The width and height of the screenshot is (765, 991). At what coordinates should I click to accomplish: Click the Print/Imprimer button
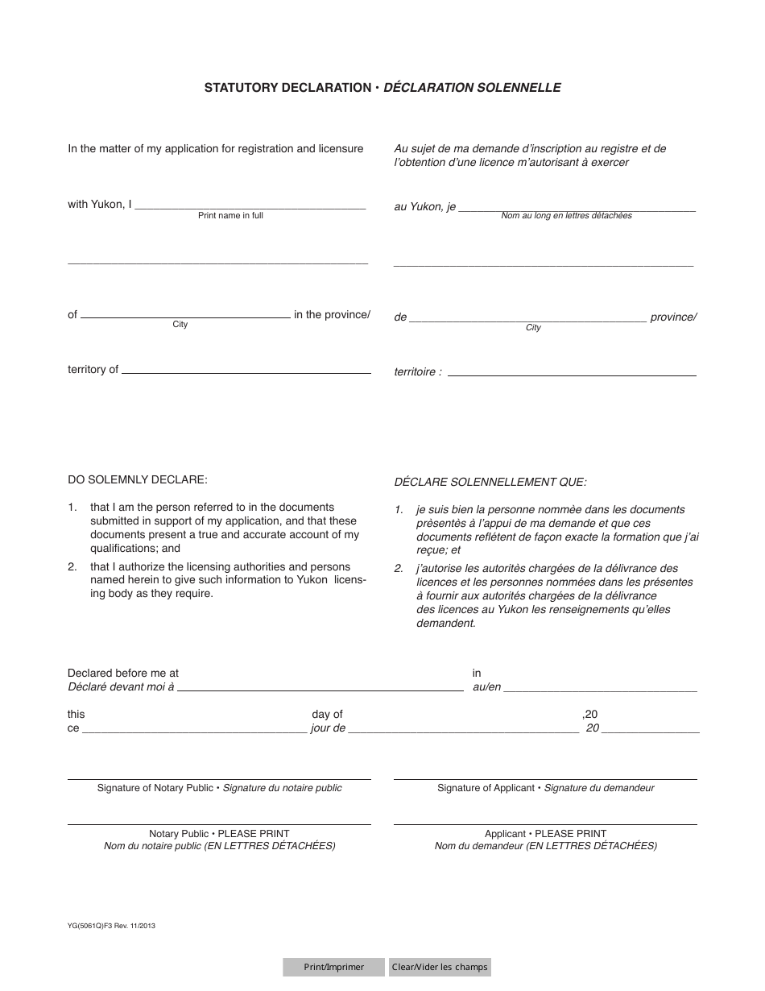[333, 967]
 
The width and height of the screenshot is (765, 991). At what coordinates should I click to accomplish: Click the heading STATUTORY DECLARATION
[287, 88]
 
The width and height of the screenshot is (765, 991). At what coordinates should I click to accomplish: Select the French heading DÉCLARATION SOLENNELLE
[472, 88]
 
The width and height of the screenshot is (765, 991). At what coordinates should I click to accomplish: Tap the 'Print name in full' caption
[230, 216]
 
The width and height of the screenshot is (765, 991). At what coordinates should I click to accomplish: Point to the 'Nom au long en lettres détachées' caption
[566, 216]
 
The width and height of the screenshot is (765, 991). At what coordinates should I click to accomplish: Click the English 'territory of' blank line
[246, 371]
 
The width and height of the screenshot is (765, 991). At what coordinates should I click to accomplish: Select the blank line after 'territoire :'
[572, 374]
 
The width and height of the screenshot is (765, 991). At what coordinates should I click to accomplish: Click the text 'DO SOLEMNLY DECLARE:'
[138, 480]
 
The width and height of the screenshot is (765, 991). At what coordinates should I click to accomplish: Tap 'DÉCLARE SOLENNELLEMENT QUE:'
[490, 483]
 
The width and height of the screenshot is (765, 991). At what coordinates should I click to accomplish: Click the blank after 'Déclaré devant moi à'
[320, 689]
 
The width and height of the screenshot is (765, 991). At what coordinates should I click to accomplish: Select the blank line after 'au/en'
[601, 689]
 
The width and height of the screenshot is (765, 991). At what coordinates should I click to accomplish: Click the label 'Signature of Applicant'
[486, 788]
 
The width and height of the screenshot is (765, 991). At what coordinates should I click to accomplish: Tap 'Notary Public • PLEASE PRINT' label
[219, 834]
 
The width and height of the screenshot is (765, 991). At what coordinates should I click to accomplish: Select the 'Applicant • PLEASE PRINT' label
[545, 834]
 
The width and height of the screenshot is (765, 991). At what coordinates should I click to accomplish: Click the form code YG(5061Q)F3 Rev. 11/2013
[112, 927]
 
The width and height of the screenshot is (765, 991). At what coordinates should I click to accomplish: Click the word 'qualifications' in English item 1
[127, 548]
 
